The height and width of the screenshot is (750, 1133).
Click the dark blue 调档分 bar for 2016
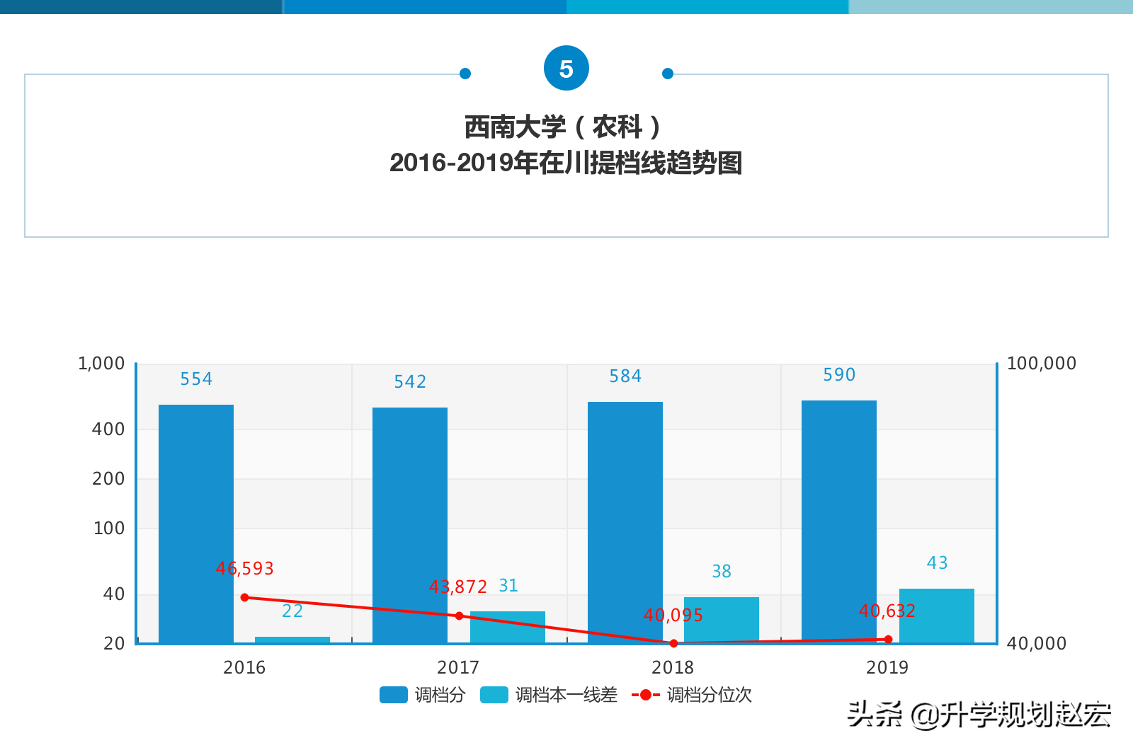tap(196, 524)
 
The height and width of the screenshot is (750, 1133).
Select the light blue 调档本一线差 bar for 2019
tap(936, 616)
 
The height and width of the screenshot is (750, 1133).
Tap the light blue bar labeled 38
tap(721, 620)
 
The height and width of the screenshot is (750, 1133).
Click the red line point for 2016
tap(245, 597)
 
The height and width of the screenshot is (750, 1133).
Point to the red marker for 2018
tap(673, 643)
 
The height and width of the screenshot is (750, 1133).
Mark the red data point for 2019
tap(888, 640)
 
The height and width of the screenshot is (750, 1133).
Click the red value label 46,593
tap(245, 568)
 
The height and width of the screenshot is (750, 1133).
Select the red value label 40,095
tap(673, 615)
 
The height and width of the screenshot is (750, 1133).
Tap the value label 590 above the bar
tap(839, 374)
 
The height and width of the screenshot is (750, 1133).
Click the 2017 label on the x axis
tap(458, 667)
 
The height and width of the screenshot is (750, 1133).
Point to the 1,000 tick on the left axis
tap(101, 364)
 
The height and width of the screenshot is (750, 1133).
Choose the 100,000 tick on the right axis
tap(1041, 364)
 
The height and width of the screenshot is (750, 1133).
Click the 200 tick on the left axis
tap(108, 479)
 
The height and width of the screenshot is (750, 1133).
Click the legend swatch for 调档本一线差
tap(494, 695)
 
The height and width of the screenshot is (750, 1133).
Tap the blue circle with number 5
tap(566, 69)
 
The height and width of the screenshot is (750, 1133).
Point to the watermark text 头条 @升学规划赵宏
tap(979, 715)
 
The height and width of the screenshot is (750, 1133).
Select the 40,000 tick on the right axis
tap(1036, 643)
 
